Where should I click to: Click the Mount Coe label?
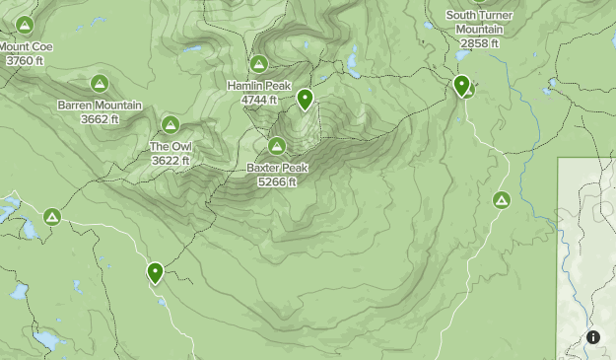point(27,46)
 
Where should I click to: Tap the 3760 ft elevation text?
point(25,60)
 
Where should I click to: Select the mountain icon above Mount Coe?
point(24,24)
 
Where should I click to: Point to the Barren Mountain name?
point(100,106)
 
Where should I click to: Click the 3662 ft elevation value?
point(101,119)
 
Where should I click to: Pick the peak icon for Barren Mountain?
point(99,83)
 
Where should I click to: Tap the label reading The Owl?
point(171,147)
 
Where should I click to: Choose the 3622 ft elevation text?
point(171,161)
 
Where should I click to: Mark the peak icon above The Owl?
point(170,124)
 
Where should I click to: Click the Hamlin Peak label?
point(258,86)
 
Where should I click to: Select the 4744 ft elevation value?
point(259,100)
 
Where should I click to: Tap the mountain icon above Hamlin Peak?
point(258,64)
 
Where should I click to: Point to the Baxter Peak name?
point(278,169)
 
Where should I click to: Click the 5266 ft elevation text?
point(278,182)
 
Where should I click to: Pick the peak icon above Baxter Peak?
point(278,146)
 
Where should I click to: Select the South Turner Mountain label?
point(480,22)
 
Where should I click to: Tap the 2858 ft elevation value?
point(480,43)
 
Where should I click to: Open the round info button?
point(593,337)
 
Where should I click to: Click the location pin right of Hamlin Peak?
point(306,99)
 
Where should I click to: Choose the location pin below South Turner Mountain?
point(461,86)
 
